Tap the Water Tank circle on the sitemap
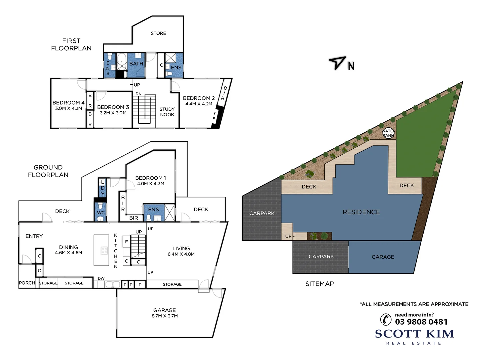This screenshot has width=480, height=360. point(388,133)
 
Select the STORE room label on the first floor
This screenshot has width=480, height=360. point(158,33)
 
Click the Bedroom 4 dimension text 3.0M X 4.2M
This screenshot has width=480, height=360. point(68,108)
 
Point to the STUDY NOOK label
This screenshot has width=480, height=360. point(167,112)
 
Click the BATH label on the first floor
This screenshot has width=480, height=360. point(136,64)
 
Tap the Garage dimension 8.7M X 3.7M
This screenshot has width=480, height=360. point(165,316)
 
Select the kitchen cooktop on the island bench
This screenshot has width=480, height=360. point(104,250)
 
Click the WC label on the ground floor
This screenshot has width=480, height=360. point(101,213)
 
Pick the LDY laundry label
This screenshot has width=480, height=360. point(103,188)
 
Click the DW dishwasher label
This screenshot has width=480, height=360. point(101,278)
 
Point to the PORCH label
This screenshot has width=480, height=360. point(27,283)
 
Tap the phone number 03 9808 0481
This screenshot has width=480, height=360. point(421,322)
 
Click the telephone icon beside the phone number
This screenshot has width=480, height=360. point(386,319)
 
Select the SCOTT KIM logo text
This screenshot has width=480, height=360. point(414,334)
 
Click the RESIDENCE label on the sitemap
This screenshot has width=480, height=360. point(361,212)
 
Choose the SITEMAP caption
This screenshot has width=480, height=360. point(319,284)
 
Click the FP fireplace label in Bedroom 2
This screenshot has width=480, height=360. point(215,116)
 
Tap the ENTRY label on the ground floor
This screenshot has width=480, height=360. point(34,236)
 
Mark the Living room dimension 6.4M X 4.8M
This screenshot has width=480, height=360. point(181,254)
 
